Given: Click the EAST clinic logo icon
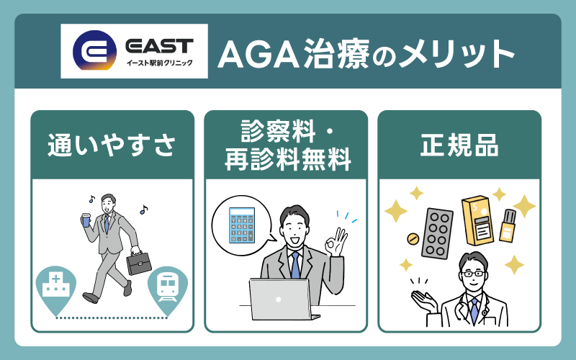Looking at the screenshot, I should (94, 51).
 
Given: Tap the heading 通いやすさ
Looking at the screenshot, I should (112, 144).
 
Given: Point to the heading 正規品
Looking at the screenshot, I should (459, 144).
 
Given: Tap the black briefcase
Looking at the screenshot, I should (140, 261).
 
